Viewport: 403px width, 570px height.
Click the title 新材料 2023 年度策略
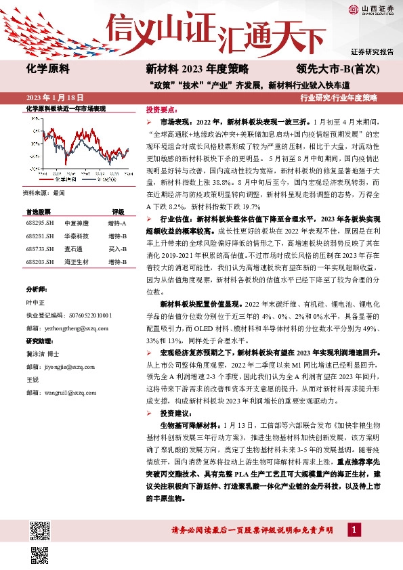[x=197, y=68]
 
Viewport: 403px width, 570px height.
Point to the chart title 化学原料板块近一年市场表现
[x=65, y=108]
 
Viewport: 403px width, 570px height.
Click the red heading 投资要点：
[x=162, y=108]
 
